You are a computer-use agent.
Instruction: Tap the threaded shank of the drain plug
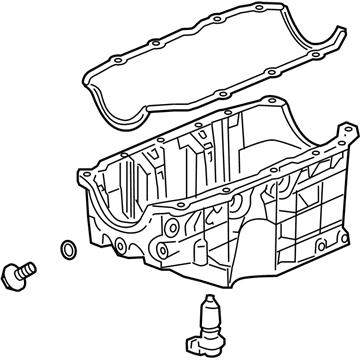[28, 266]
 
